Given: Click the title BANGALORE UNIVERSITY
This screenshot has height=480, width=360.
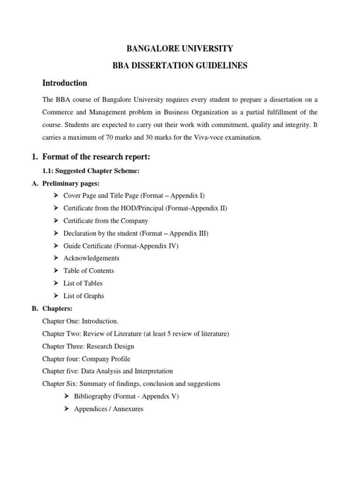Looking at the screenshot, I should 180,48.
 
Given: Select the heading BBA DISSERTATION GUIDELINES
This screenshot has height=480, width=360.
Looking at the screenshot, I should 180,66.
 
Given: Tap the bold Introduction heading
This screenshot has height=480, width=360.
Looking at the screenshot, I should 65,83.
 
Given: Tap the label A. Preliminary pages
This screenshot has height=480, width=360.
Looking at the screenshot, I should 69,183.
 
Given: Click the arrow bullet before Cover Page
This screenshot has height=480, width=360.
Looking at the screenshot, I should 56,195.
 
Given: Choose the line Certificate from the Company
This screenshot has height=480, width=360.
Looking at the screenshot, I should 105,220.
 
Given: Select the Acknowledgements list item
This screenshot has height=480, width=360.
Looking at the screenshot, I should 91,258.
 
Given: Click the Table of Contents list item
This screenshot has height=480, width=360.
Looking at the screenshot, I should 89,270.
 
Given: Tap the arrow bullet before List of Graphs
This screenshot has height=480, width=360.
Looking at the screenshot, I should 56,296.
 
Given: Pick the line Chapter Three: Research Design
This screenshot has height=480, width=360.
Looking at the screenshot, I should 88,346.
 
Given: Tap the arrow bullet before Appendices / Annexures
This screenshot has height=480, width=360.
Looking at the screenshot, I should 67,409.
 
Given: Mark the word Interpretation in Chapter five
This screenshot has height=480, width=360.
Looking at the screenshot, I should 152,371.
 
